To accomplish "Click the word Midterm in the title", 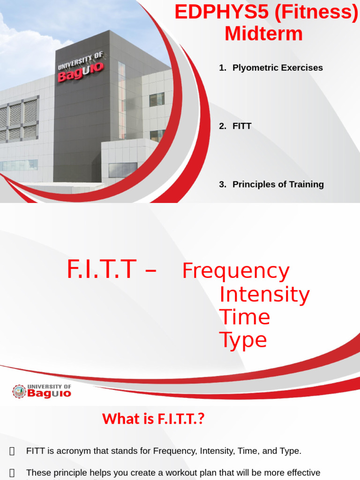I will pos(263,34).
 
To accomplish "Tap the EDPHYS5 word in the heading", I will pos(222,12).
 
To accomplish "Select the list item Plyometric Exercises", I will pos(277,67).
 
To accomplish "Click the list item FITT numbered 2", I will pos(242,126).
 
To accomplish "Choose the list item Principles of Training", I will pos(278,184).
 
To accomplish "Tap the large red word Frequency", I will pos(235,271).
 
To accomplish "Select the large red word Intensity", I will pos(264,294).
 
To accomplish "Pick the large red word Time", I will pos(244,317).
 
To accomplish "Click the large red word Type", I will pos(243,340).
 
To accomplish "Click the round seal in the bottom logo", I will pos(19,391).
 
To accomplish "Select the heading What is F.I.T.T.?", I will pos(153,419).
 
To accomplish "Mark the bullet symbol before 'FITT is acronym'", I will pos(12,451).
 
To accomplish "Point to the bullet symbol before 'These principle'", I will pos(12,472).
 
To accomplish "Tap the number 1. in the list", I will pos(223,67).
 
